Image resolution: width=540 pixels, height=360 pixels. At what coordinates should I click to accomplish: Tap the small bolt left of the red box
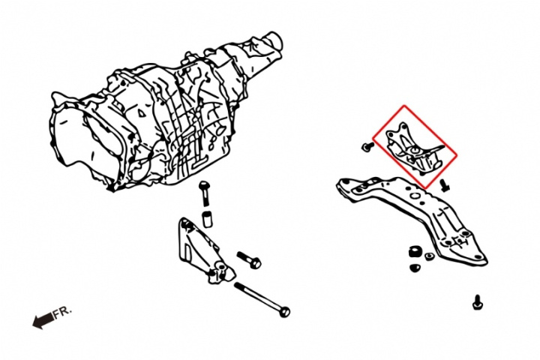point(365,147)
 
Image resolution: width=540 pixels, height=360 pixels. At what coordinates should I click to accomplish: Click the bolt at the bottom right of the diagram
point(477,303)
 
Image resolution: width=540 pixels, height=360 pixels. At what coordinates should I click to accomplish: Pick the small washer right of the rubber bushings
point(429,257)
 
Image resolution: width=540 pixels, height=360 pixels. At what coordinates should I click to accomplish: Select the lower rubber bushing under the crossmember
point(413,267)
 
